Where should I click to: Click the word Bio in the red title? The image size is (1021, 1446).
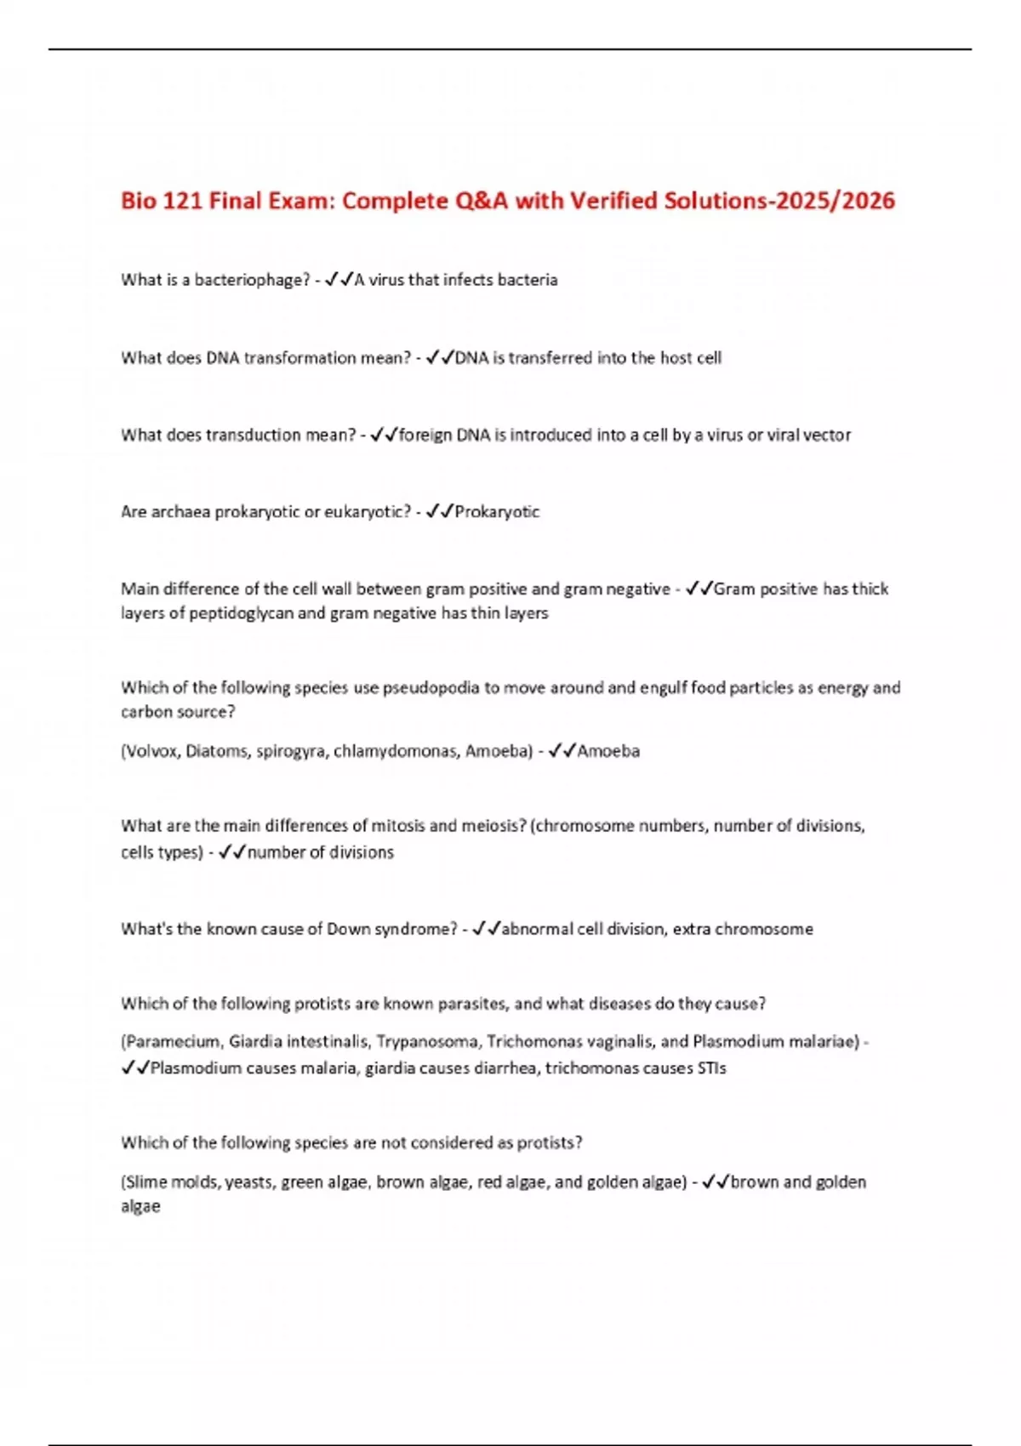coord(139,201)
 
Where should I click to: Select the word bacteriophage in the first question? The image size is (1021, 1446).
coord(252,280)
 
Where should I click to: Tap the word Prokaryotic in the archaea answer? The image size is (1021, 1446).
coord(497,512)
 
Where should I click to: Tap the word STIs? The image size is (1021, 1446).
coord(711,1068)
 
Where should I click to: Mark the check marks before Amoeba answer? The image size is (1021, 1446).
coord(562,751)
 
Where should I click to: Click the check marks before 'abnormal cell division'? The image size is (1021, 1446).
coord(486,929)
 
